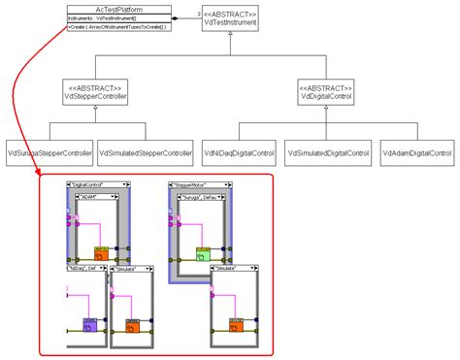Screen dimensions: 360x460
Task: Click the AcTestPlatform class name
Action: pos(115,7)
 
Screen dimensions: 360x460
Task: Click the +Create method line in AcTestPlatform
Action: pos(115,27)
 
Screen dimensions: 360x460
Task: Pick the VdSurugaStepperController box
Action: pos(49,153)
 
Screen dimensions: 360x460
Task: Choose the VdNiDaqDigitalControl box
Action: pos(238,153)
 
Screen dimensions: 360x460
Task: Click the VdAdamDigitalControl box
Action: pos(417,153)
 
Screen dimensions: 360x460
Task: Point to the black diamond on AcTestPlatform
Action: pos(174,17)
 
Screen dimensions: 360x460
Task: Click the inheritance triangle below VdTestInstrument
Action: pos(229,35)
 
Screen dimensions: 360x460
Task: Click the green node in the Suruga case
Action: pos(202,254)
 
